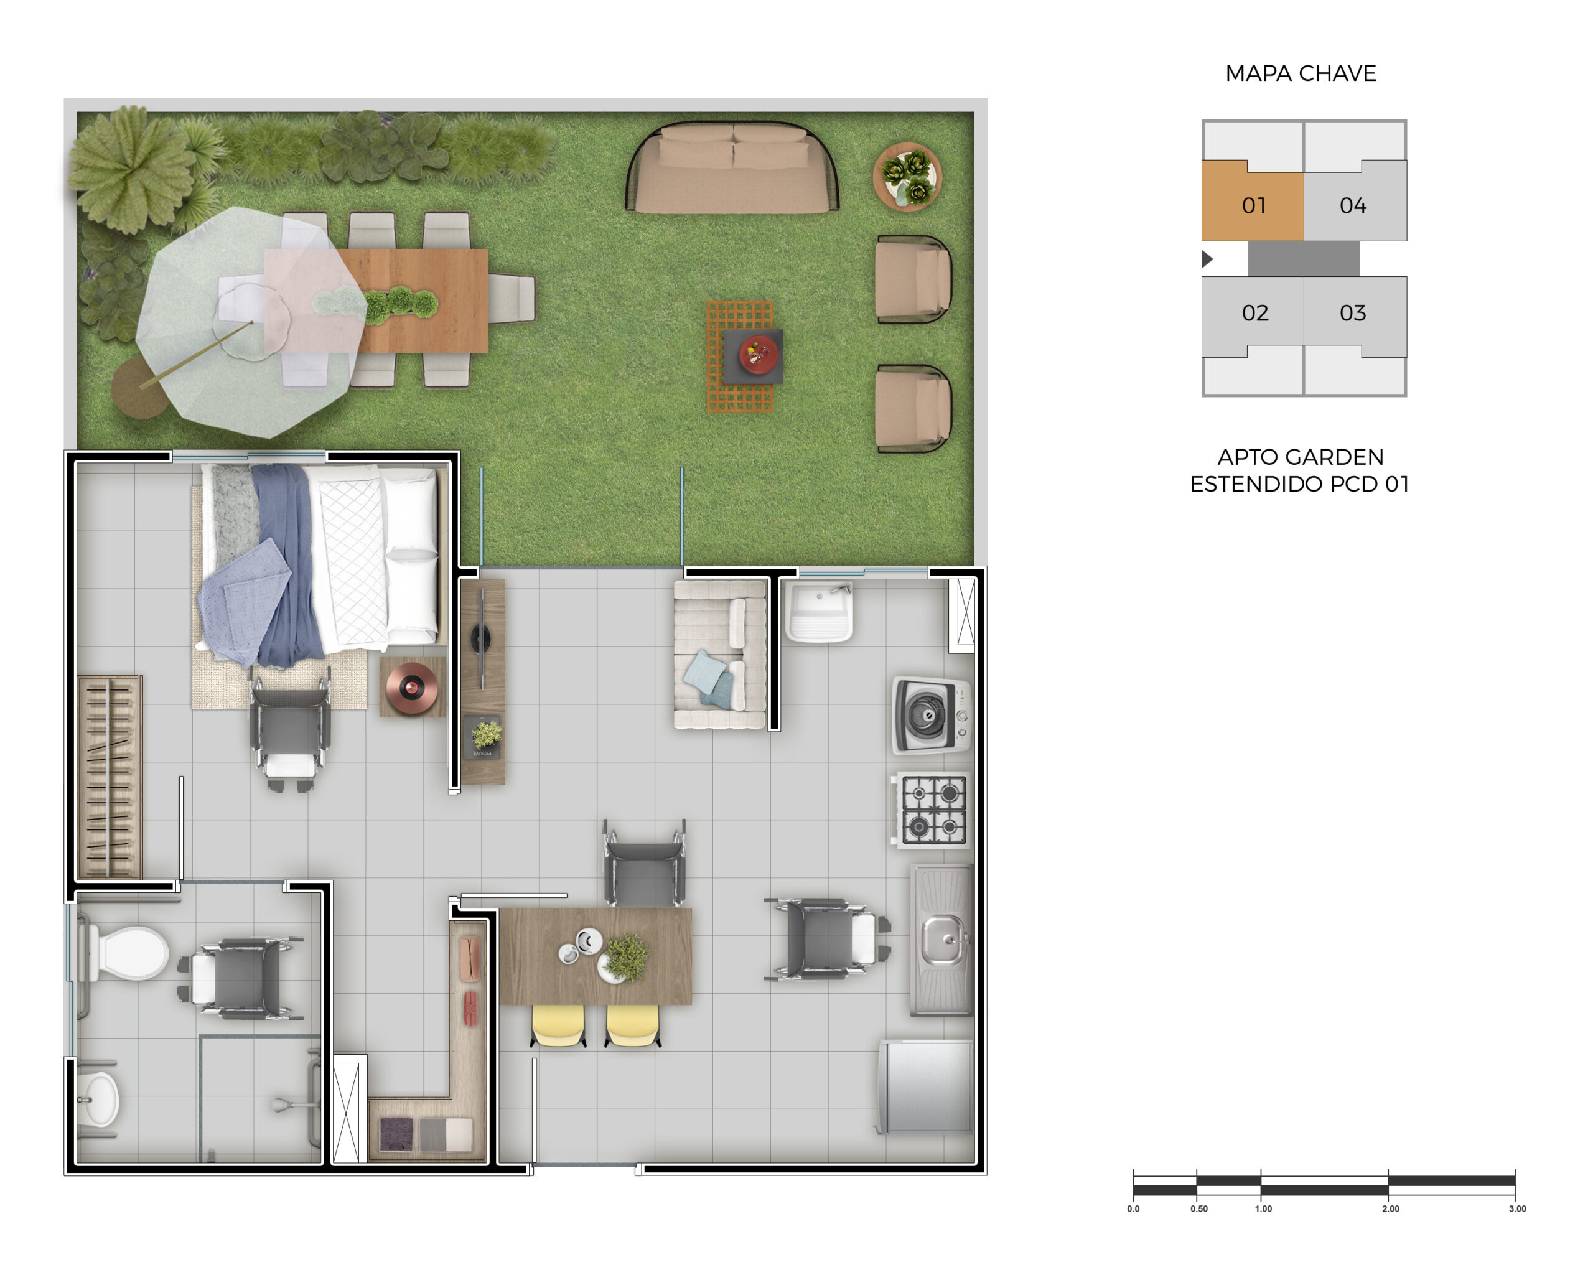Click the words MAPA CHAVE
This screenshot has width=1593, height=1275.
[x=1301, y=74]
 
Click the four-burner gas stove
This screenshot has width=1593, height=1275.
[x=932, y=810]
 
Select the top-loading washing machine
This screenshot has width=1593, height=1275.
[x=931, y=715]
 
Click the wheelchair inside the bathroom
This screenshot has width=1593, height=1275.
[x=240, y=979]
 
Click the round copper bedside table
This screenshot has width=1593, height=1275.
[x=411, y=688]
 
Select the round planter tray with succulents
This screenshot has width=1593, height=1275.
[x=907, y=177]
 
